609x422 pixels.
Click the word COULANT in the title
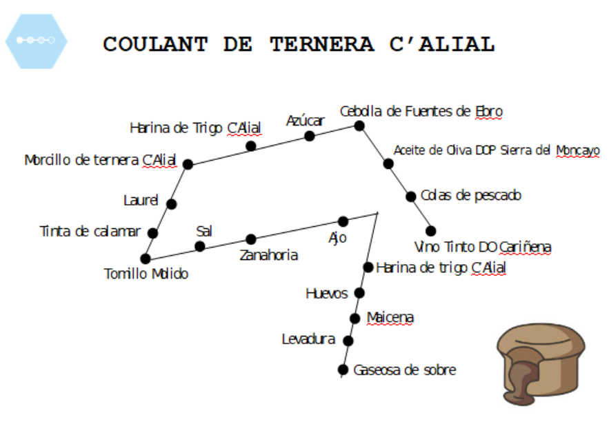(x=155, y=44)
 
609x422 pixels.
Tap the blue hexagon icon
(x=36, y=41)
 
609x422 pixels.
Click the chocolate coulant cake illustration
(x=541, y=364)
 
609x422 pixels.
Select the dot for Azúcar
(x=310, y=137)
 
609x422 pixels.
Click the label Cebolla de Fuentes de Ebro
(x=421, y=112)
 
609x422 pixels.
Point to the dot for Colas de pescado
(x=411, y=197)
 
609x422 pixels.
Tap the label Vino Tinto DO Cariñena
(x=483, y=247)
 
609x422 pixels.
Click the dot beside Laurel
(x=171, y=204)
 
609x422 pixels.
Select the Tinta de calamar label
(x=90, y=232)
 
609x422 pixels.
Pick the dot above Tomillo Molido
(x=146, y=259)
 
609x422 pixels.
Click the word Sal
(x=204, y=232)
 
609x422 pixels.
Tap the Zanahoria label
(x=269, y=255)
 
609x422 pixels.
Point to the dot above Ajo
(x=343, y=221)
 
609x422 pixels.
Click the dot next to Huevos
(x=359, y=293)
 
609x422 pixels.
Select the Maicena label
(x=390, y=318)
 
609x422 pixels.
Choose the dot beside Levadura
(x=348, y=341)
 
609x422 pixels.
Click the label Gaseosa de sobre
(x=405, y=370)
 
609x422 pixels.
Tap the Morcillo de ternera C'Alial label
(x=100, y=160)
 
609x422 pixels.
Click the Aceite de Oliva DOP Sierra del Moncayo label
(x=497, y=150)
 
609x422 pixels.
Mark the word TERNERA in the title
(x=322, y=44)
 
